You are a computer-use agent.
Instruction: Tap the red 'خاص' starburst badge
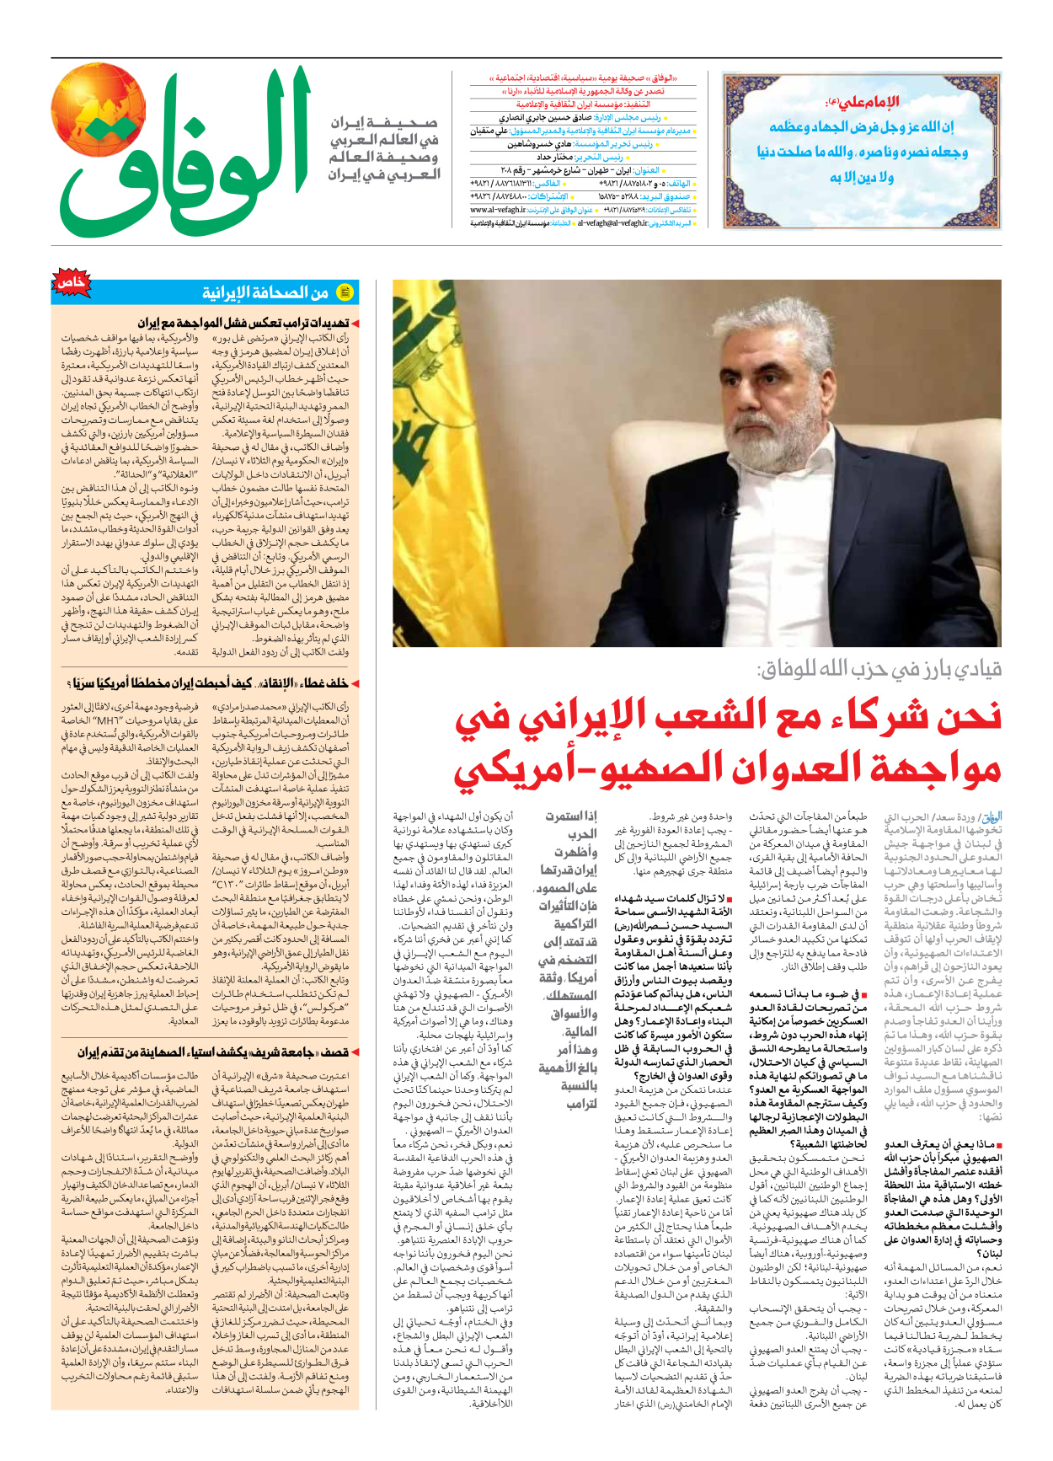[72, 283]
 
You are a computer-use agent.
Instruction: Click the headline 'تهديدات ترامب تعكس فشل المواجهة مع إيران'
[244, 323]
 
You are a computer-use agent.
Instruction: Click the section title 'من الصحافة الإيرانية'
[265, 292]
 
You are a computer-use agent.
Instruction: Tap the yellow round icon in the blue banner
[345, 292]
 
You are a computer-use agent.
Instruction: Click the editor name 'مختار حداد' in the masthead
[555, 157]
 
